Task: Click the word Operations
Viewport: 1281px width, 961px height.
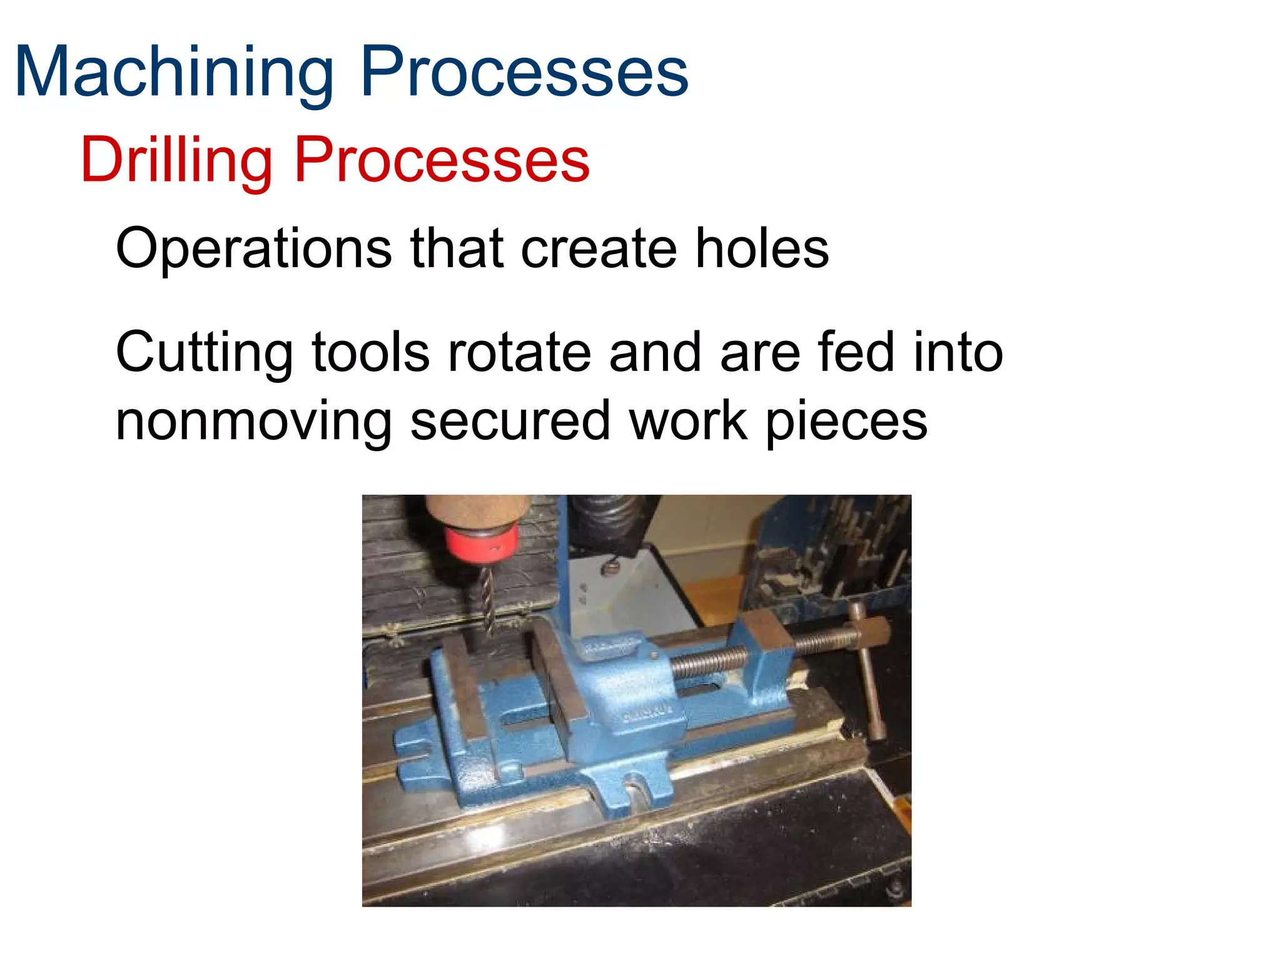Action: (253, 248)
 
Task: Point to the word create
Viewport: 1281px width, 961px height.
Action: (599, 248)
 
